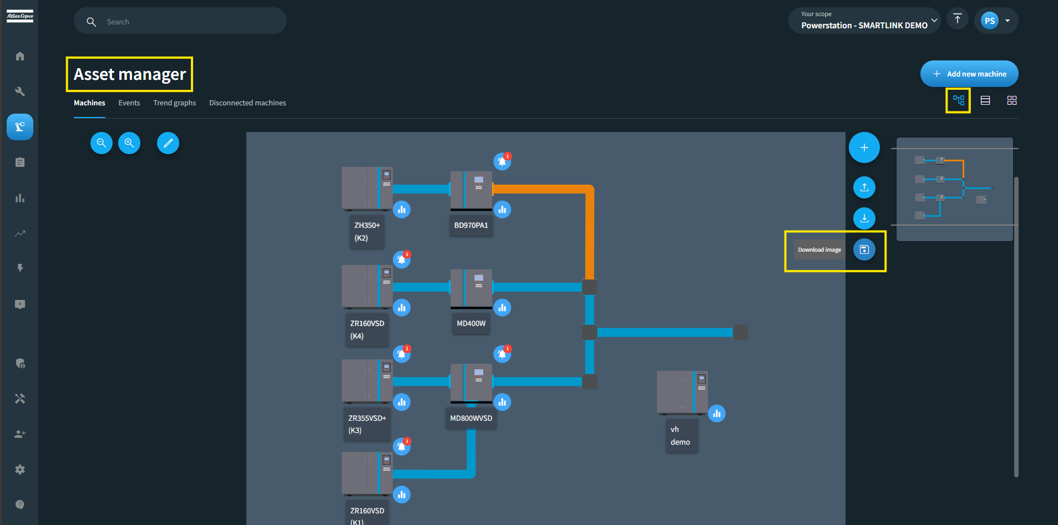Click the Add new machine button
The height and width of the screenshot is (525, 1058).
click(x=969, y=74)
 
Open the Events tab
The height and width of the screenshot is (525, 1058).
click(x=129, y=103)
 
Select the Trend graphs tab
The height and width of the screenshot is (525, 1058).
click(x=174, y=103)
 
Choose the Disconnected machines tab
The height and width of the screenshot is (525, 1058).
click(x=247, y=103)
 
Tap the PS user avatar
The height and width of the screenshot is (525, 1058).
click(x=989, y=21)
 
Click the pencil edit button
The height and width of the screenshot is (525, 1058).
click(x=168, y=143)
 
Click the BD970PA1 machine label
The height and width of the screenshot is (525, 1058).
click(x=471, y=226)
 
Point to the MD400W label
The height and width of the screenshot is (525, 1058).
click(x=471, y=324)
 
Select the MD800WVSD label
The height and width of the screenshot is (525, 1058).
click(x=471, y=419)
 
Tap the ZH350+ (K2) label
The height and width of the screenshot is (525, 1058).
click(x=367, y=232)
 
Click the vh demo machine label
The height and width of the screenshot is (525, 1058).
click(x=681, y=436)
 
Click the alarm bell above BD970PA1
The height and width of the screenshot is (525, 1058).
click(x=502, y=161)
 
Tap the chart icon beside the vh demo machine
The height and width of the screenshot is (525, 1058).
click(x=717, y=414)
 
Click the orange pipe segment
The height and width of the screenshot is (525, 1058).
click(x=589, y=233)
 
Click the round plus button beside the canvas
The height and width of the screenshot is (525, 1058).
click(x=864, y=147)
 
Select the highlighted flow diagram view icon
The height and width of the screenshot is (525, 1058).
click(x=958, y=100)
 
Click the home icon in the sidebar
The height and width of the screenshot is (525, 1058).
click(x=20, y=56)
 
